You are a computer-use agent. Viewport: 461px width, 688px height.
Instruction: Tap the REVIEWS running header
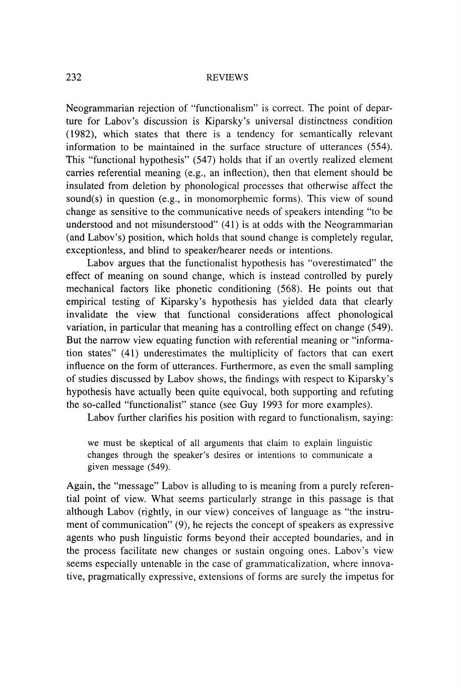pyautogui.click(x=228, y=78)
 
